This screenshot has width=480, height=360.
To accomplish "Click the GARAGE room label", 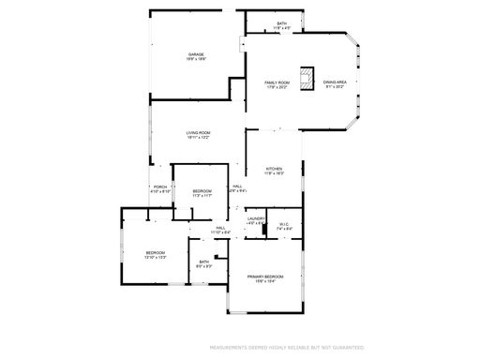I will [196, 54].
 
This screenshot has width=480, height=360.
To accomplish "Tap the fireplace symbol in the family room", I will [307, 75].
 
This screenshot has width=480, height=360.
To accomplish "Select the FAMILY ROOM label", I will [277, 82].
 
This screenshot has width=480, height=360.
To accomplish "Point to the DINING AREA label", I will [336, 82].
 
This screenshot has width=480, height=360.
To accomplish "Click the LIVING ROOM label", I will [197, 132].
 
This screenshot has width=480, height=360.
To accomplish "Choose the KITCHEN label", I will [274, 169].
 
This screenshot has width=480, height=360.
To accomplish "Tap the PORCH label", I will [160, 187].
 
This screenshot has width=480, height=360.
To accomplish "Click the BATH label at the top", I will [282, 23].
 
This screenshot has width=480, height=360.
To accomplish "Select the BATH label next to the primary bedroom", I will [203, 262].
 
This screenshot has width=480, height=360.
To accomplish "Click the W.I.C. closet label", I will [284, 224].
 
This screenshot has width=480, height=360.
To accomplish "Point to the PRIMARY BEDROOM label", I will [265, 277].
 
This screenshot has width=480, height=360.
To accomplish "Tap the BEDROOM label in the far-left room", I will [155, 252].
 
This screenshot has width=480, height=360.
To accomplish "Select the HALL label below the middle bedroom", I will [221, 228].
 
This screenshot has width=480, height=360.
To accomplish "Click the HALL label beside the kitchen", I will [238, 186].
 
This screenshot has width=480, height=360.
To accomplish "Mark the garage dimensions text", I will [196, 59].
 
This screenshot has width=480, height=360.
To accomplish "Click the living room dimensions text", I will [197, 138].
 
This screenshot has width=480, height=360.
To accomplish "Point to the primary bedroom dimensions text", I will [265, 282].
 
